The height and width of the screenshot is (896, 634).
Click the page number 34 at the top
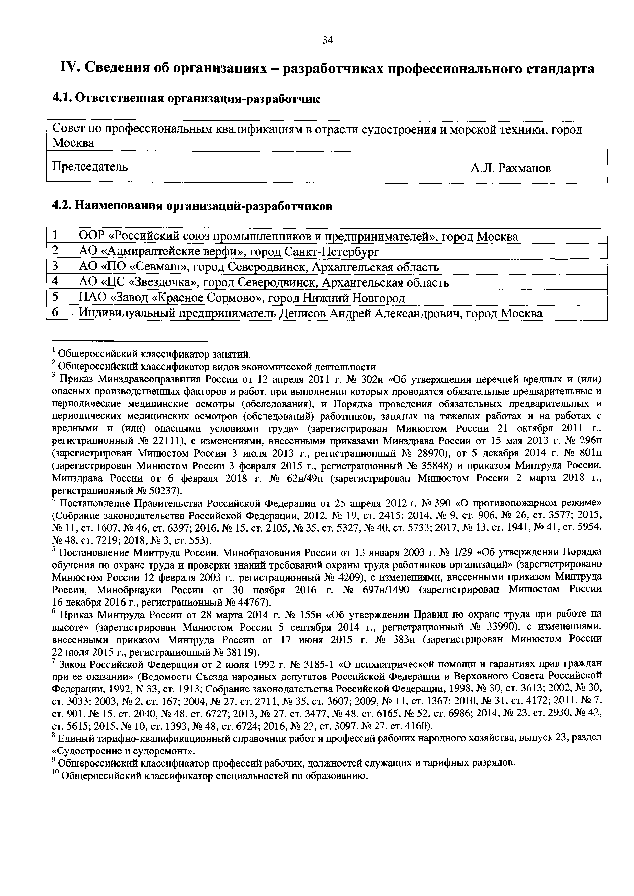click(327, 40)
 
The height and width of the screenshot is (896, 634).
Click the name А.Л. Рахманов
click(511, 168)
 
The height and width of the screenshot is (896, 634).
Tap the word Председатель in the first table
click(90, 167)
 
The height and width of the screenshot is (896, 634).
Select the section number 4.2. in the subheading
click(62, 205)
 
